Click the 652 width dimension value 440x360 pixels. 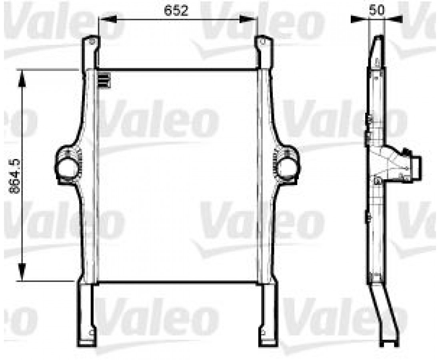click(x=176, y=10)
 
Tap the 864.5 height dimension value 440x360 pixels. click(x=14, y=176)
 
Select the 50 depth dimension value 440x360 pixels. click(x=376, y=10)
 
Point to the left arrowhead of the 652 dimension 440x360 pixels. click(x=107, y=19)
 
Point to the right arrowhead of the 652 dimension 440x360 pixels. click(x=249, y=19)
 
